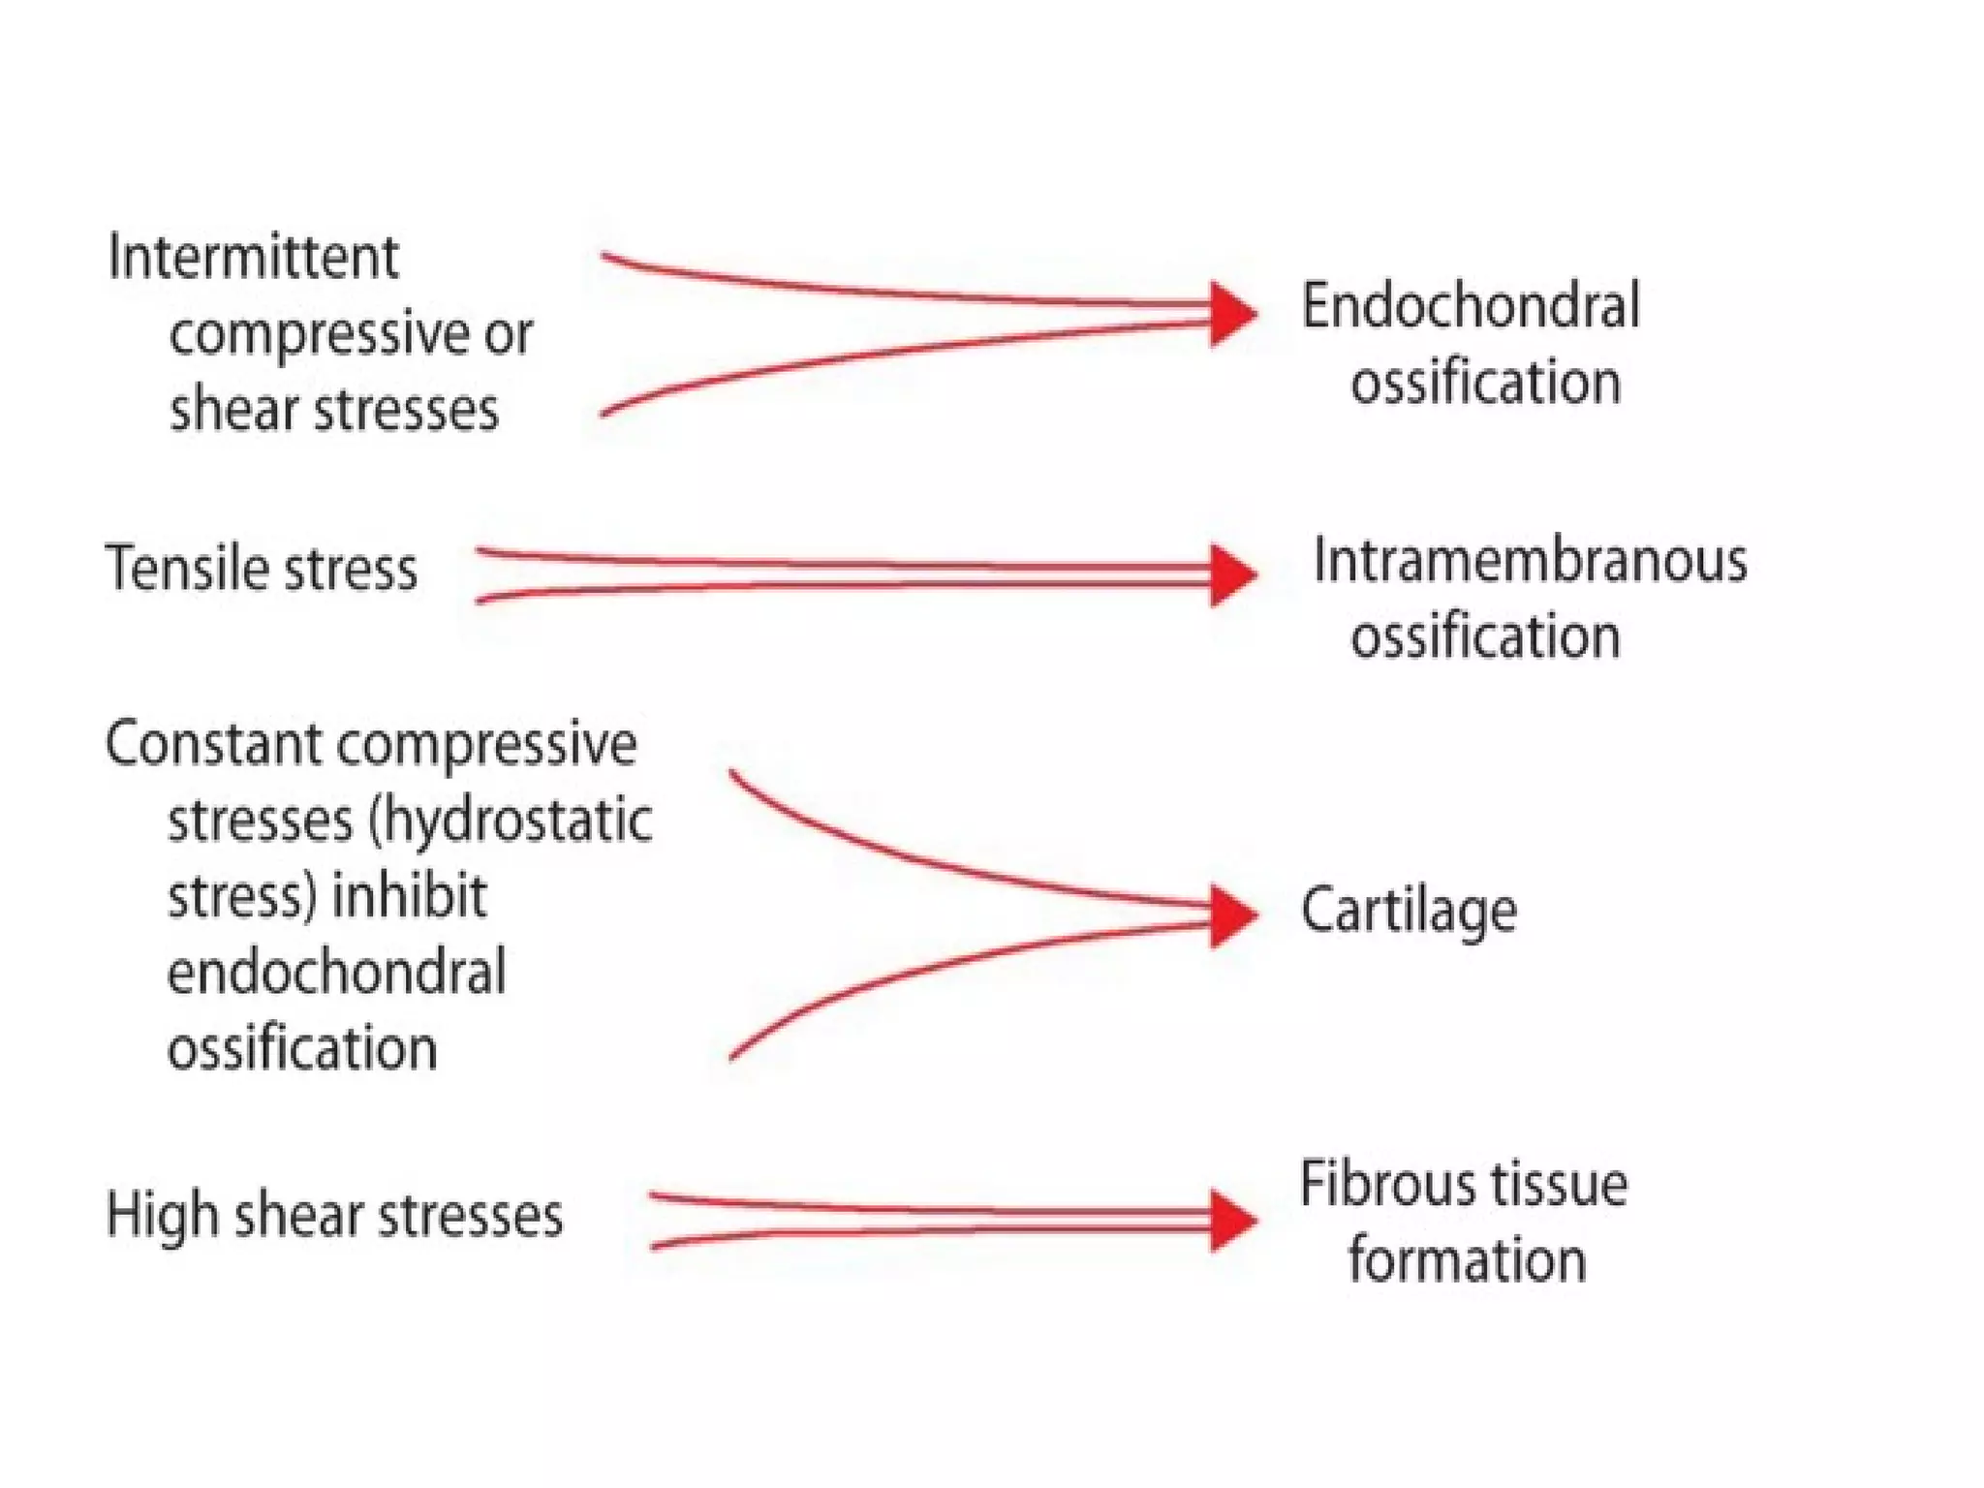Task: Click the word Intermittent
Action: tap(253, 258)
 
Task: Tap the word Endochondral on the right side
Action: tap(1470, 306)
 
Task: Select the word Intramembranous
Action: tap(1530, 561)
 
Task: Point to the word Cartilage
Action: tap(1409, 912)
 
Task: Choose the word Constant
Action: tap(213, 744)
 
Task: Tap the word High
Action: tap(161, 1217)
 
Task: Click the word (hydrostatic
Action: tap(511, 821)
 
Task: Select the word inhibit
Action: tap(409, 896)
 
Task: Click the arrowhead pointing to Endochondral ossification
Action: tap(1233, 314)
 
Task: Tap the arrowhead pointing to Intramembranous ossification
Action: tap(1233, 574)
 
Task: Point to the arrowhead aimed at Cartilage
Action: tap(1233, 914)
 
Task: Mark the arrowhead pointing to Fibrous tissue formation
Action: tap(1233, 1221)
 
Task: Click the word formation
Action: tap(1467, 1261)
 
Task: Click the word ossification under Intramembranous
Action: tap(1485, 637)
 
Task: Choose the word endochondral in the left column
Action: tap(336, 973)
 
